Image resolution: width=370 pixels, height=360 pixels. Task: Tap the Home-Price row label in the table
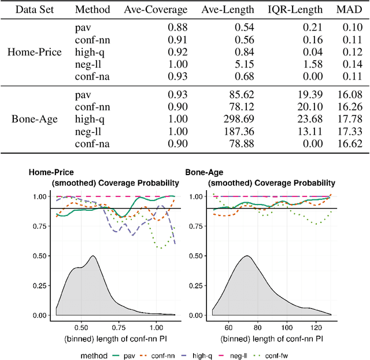pyautogui.click(x=34, y=52)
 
